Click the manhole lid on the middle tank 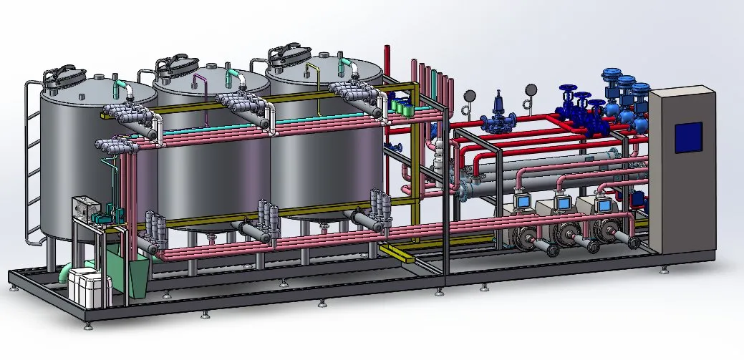coord(174,65)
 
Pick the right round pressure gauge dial coord(531,89)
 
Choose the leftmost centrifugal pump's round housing coord(526,237)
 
